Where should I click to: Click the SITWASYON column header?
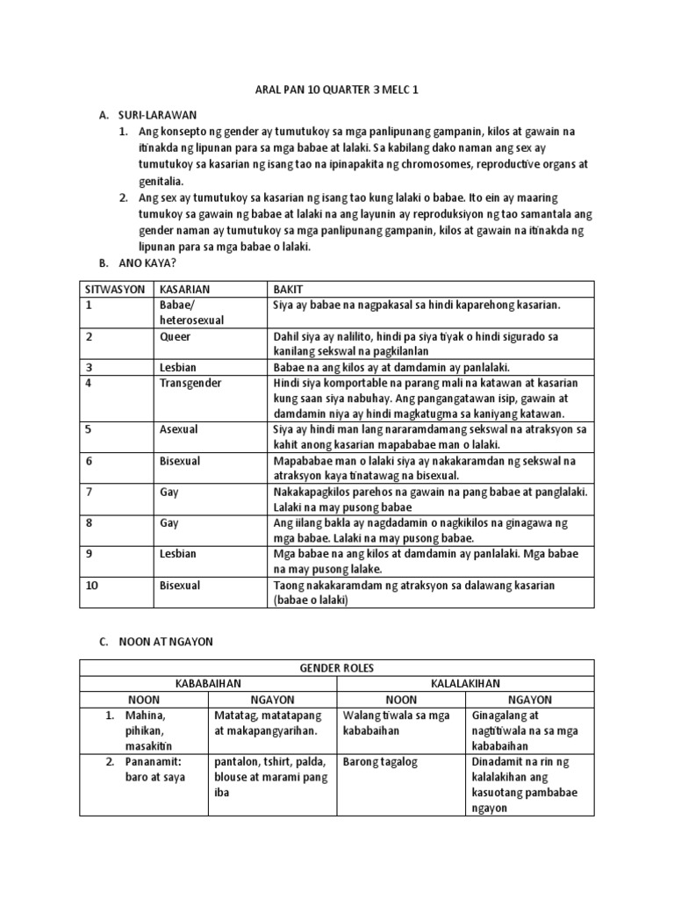[x=115, y=289]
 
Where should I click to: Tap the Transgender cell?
[x=191, y=383]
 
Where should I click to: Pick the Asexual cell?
[x=179, y=429]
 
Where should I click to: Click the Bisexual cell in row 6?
[x=181, y=461]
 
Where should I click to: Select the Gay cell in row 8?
[x=169, y=523]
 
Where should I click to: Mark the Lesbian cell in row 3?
[x=178, y=367]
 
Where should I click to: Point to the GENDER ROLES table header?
[x=337, y=668]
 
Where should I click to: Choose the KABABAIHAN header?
[x=208, y=684]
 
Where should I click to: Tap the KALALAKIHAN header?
[x=465, y=684]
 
